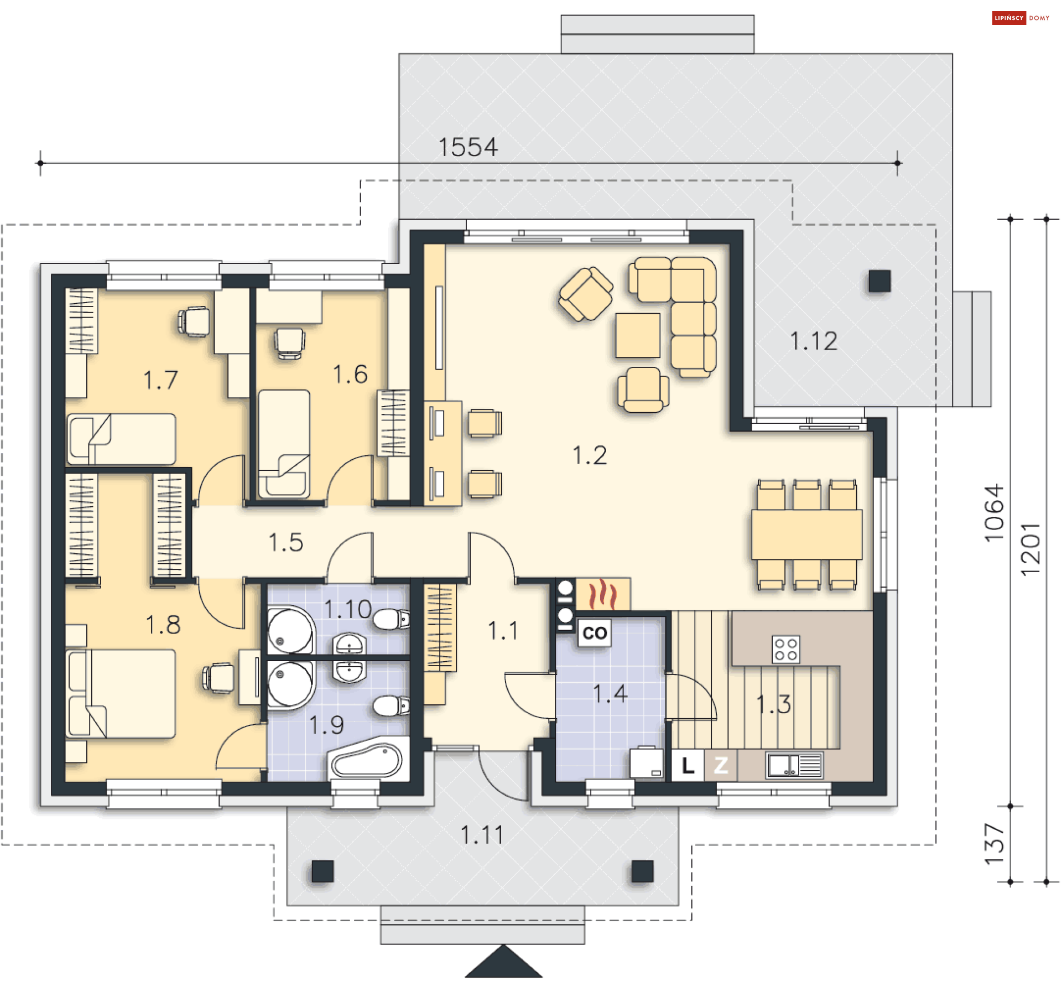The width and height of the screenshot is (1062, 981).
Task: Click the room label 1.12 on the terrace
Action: pyautogui.click(x=813, y=341)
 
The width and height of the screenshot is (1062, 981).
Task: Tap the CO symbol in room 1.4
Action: pyautogui.click(x=595, y=632)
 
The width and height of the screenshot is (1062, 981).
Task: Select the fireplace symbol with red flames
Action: pyautogui.click(x=602, y=594)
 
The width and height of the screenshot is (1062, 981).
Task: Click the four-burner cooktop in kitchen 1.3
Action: pyautogui.click(x=785, y=650)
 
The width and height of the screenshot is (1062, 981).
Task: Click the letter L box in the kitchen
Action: pyautogui.click(x=688, y=766)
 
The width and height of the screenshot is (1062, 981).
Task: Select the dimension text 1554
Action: pyautogui.click(x=468, y=147)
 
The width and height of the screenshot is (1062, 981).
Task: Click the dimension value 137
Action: pyautogui.click(x=994, y=844)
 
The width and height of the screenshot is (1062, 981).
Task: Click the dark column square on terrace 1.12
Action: pyautogui.click(x=879, y=281)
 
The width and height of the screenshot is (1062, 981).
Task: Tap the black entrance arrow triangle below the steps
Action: pyautogui.click(x=503, y=963)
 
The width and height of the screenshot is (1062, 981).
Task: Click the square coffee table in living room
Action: pyautogui.click(x=638, y=335)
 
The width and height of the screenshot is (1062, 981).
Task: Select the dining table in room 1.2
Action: pyautogui.click(x=806, y=534)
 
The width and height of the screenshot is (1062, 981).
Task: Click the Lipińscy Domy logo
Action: pyautogui.click(x=1020, y=18)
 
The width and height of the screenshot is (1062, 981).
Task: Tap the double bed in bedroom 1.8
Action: pyautogui.click(x=122, y=694)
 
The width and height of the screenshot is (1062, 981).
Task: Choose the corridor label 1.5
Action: pyautogui.click(x=286, y=543)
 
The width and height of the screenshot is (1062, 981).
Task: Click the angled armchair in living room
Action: pyautogui.click(x=586, y=294)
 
